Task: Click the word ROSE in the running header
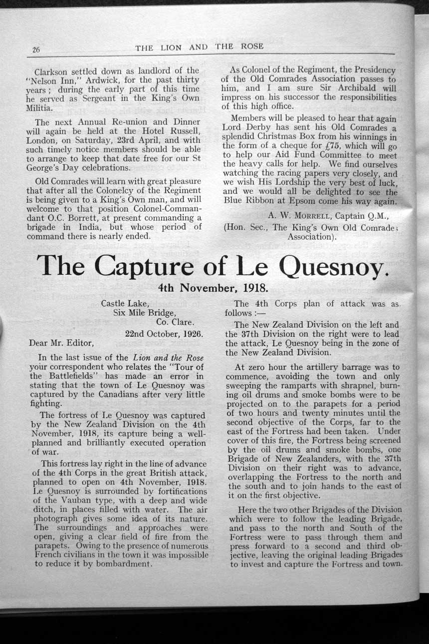(x=252, y=46)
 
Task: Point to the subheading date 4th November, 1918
(x=213, y=288)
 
